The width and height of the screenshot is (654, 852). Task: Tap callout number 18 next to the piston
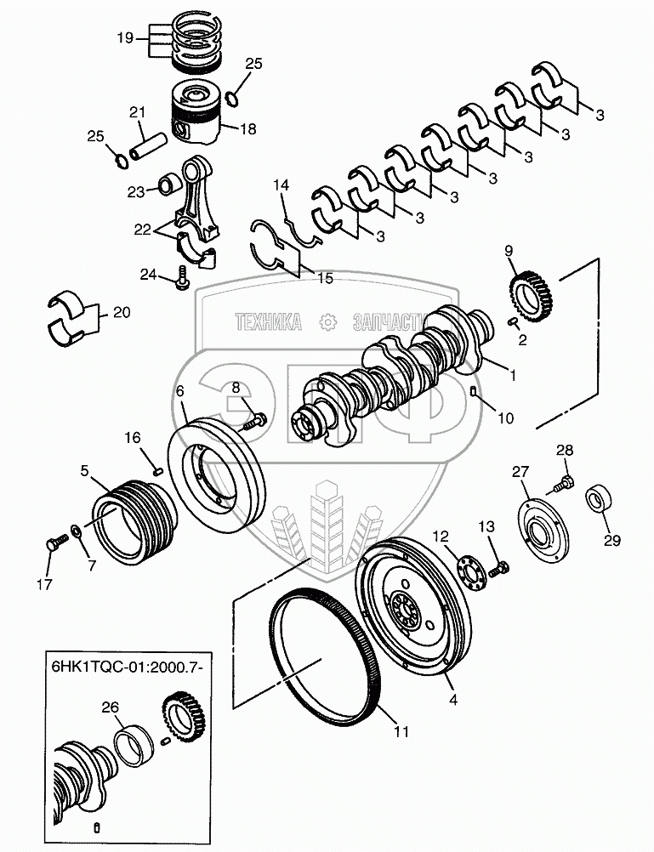(x=247, y=129)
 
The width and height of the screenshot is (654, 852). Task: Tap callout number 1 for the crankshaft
(x=512, y=373)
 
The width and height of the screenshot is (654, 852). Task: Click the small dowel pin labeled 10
(x=473, y=391)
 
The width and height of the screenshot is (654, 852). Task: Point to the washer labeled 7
(x=77, y=531)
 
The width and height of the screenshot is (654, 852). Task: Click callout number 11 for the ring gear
(x=401, y=730)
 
